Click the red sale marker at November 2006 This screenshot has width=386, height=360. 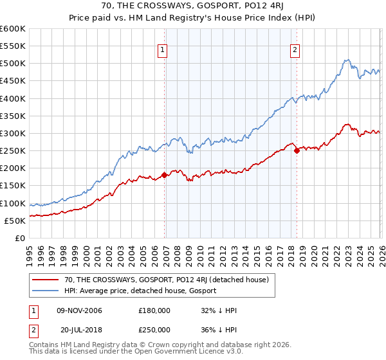coord(164,174)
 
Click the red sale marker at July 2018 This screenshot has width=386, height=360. coord(297,151)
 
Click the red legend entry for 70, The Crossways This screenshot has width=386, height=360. coord(161,279)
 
